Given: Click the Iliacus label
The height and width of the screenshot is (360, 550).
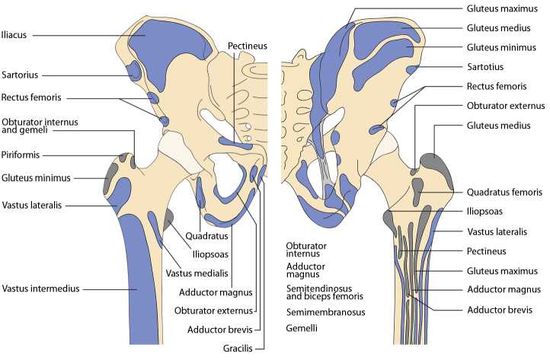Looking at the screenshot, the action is click(16, 34).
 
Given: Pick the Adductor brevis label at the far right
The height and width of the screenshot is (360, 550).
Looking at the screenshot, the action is click(500, 310).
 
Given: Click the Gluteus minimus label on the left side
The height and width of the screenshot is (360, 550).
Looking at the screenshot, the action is click(35, 178).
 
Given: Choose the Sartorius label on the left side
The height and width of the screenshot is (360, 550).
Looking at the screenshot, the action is click(20, 75).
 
